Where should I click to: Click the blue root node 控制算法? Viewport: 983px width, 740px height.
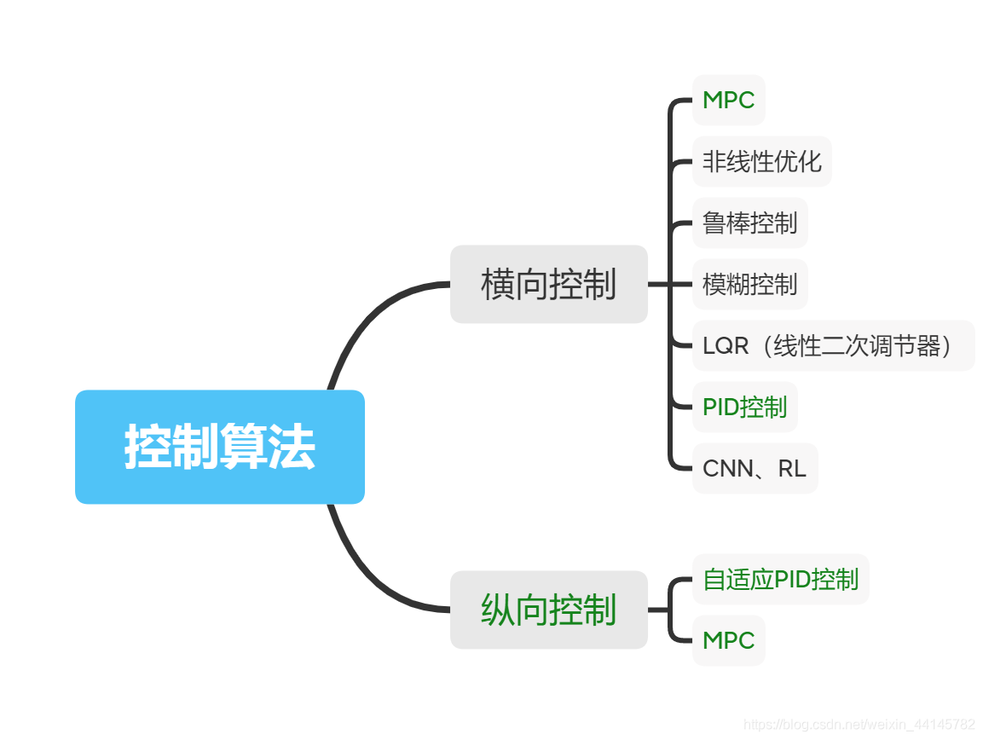click(219, 447)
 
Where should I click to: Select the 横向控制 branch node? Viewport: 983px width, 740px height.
click(548, 284)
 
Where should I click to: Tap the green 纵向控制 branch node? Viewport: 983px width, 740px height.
click(548, 610)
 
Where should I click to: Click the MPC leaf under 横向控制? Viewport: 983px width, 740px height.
click(728, 100)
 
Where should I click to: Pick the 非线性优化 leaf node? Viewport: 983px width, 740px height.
click(761, 161)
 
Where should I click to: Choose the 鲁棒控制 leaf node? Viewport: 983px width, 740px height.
click(749, 223)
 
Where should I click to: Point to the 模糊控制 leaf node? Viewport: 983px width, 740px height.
click(749, 284)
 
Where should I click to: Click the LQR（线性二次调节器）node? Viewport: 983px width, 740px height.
click(832, 345)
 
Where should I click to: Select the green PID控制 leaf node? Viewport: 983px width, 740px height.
click(744, 407)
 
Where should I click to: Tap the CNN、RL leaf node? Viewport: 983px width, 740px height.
click(755, 468)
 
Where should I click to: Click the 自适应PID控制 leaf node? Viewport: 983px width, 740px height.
click(780, 579)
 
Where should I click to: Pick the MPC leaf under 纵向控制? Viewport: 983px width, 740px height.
click(728, 640)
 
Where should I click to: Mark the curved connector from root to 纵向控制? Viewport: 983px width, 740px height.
click(367, 580)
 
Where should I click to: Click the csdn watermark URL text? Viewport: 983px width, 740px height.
click(859, 725)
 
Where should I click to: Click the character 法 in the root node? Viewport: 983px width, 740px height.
click(292, 447)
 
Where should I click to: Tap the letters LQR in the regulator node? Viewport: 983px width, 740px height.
click(726, 345)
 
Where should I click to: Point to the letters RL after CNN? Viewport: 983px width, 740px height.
click(792, 468)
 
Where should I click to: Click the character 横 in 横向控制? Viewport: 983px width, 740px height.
click(497, 284)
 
